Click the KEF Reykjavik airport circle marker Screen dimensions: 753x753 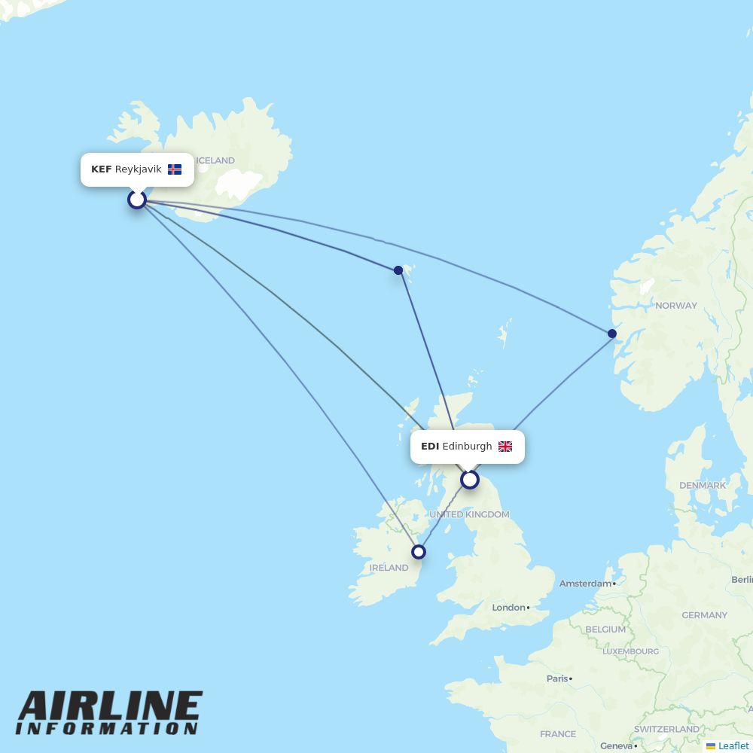(x=137, y=200)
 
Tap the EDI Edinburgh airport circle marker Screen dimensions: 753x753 (x=470, y=480)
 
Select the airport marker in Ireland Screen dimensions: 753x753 (x=419, y=552)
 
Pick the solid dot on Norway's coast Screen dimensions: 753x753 (x=612, y=334)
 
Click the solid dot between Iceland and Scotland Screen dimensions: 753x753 (x=398, y=270)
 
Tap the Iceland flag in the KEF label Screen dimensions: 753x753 (x=175, y=169)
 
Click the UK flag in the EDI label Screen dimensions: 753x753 (x=505, y=447)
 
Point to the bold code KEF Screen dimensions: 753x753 (x=101, y=169)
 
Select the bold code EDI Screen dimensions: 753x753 (x=430, y=447)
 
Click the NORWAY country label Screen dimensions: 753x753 (x=676, y=306)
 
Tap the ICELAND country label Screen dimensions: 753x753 (x=215, y=160)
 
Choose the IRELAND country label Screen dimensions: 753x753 (x=389, y=568)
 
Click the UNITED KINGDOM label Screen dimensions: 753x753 (x=469, y=514)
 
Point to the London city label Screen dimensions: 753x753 (x=508, y=608)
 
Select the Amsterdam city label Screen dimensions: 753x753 (x=585, y=584)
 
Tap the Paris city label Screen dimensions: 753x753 (x=557, y=678)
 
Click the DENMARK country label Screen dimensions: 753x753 (x=703, y=486)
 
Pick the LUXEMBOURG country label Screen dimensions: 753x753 (x=631, y=651)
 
